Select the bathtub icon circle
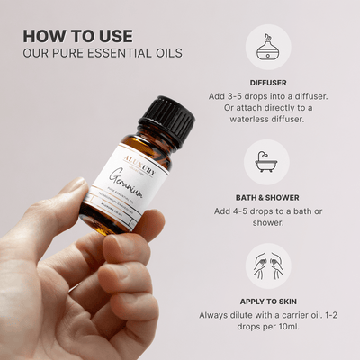point(268,161)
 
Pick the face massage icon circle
point(268,265)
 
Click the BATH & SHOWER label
point(268,195)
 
